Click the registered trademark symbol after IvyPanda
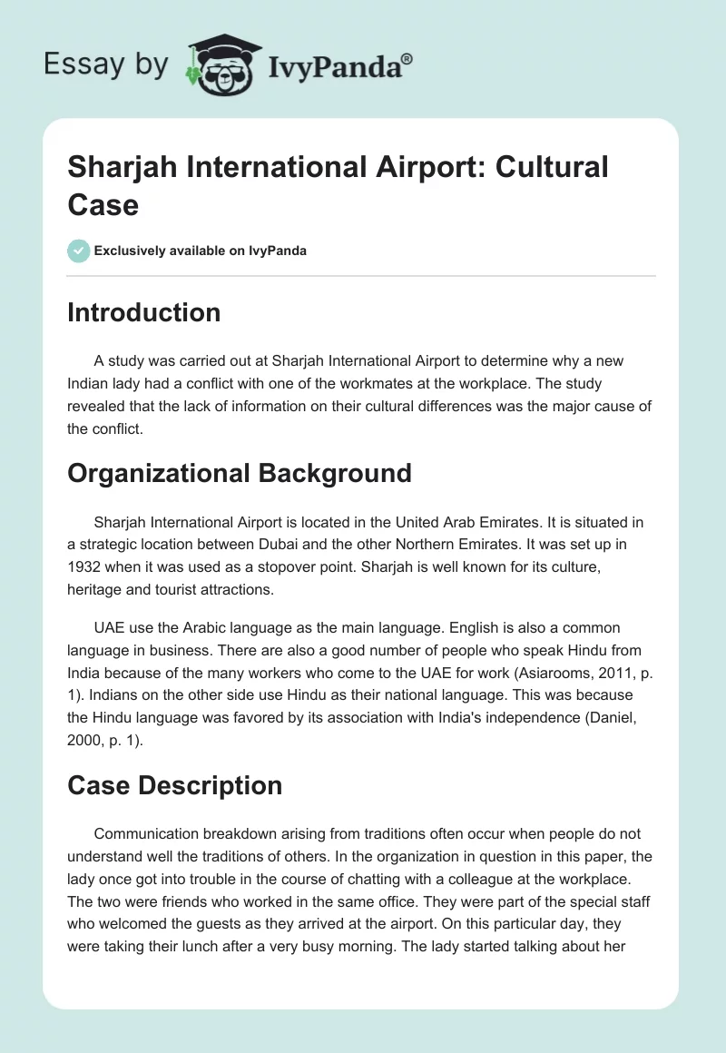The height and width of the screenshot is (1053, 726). point(407,57)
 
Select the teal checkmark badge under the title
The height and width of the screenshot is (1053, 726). point(79,251)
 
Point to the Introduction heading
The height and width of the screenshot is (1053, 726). point(144,312)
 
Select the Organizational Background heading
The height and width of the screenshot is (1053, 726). point(240,472)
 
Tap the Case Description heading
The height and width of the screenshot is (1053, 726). point(175,784)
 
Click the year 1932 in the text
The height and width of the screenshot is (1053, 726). point(86,566)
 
